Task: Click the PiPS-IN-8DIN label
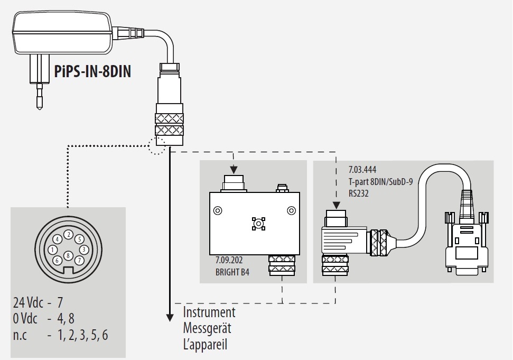(x=92, y=71)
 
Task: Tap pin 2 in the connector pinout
(x=68, y=234)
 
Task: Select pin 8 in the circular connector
(x=68, y=256)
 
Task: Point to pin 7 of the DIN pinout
(x=79, y=260)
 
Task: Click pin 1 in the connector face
(x=52, y=250)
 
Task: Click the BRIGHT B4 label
(x=232, y=272)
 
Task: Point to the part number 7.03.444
(x=362, y=171)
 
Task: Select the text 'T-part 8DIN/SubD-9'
(x=380, y=180)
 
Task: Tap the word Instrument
(x=209, y=312)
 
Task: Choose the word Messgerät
(x=207, y=328)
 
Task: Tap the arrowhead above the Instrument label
(x=170, y=317)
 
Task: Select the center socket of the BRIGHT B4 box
(x=258, y=224)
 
